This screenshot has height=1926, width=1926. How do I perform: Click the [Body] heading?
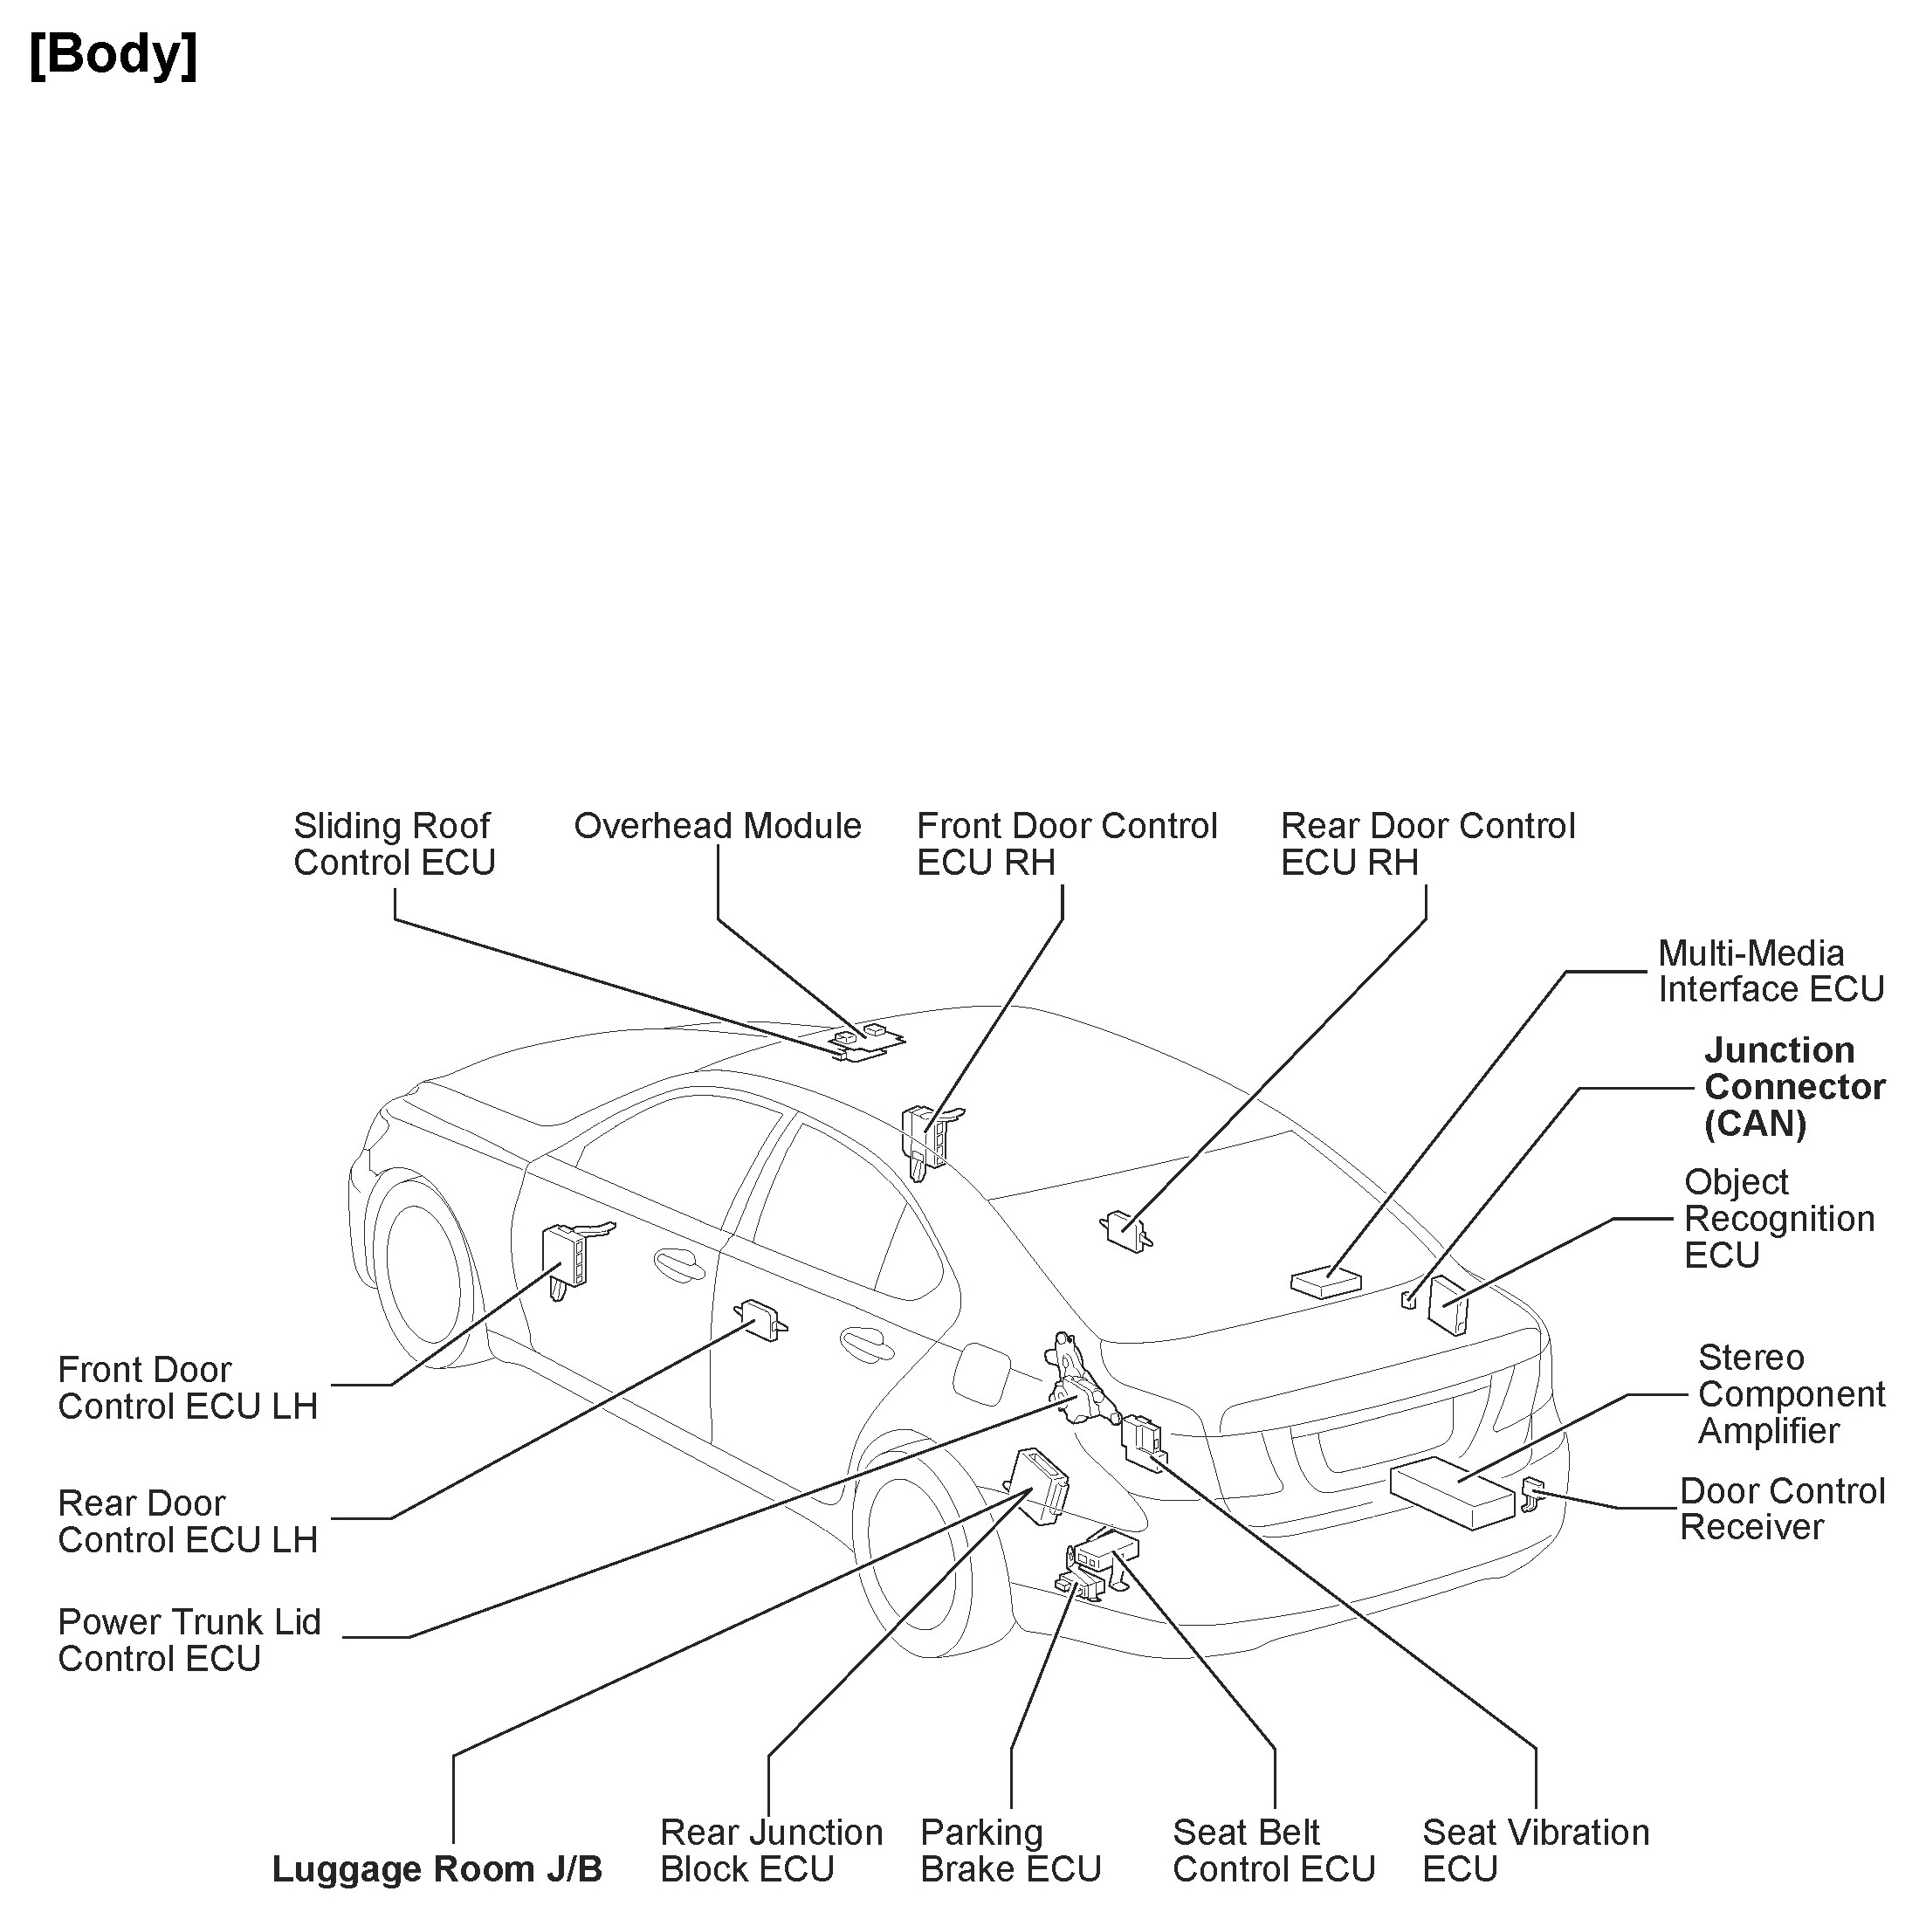[113, 55]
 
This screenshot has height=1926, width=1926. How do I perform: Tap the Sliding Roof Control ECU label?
[394, 844]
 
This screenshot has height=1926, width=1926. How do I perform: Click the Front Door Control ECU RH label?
[1066, 844]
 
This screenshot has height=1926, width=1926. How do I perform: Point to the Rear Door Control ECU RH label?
[1427, 844]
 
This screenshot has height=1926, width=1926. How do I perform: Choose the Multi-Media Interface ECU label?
[1770, 971]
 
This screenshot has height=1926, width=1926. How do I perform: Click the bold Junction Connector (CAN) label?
[1793, 1087]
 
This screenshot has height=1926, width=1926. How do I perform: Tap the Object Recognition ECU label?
[1778, 1218]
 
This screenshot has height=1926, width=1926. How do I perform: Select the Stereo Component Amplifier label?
[1791, 1393]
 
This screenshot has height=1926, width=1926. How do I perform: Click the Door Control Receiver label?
[1781, 1509]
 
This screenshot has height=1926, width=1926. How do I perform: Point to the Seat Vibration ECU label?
[1534, 1850]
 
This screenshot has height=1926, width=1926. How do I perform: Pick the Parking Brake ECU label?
[1010, 1850]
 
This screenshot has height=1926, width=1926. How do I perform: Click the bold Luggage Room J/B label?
[437, 1869]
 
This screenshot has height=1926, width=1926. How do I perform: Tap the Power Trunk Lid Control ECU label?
[189, 1640]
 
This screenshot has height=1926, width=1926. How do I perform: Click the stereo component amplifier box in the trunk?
[1451, 1491]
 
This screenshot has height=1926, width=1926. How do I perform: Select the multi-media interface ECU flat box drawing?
[1326, 1282]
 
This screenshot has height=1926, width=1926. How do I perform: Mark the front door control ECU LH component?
[564, 1258]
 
